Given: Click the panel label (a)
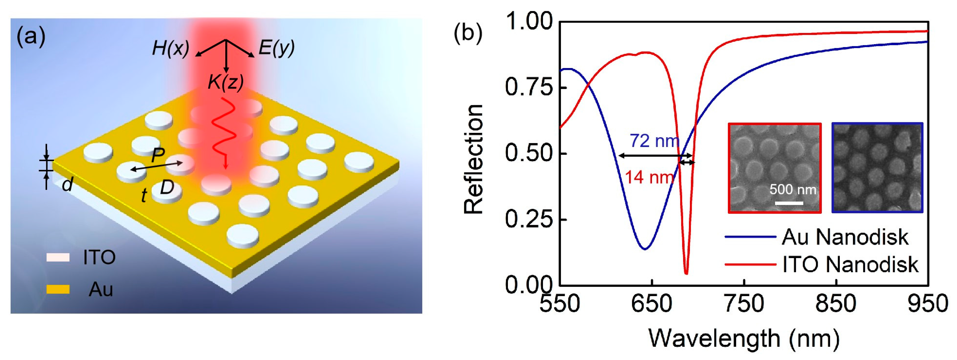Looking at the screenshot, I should tap(31, 37).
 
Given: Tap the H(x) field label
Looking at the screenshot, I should tap(170, 48).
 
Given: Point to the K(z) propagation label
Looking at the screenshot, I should tap(226, 82).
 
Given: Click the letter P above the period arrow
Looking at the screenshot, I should tap(158, 156).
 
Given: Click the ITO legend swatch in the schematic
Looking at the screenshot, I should tap(58, 257).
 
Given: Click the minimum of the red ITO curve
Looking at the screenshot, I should tap(686, 273).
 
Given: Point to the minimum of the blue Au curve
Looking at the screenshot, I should tap(645, 249).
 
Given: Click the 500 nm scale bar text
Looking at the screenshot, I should tap(792, 190).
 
